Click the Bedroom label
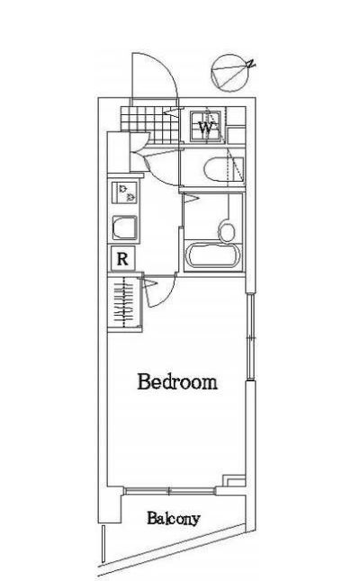pyautogui.click(x=177, y=381)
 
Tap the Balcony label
pyautogui.click(x=174, y=519)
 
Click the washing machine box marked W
pyautogui.click(x=207, y=127)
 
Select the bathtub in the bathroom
pyautogui.click(x=213, y=256)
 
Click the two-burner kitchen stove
pyautogui.click(x=124, y=191)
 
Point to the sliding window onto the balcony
pyautogui.click(x=171, y=489)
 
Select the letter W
pyautogui.click(x=206, y=129)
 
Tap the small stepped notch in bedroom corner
pyautogui.click(x=233, y=480)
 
